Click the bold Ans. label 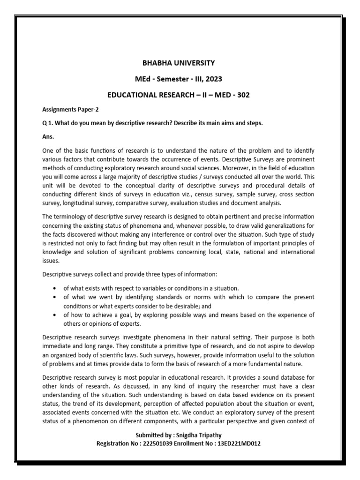[48, 136]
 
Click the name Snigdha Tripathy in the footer [197, 435]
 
